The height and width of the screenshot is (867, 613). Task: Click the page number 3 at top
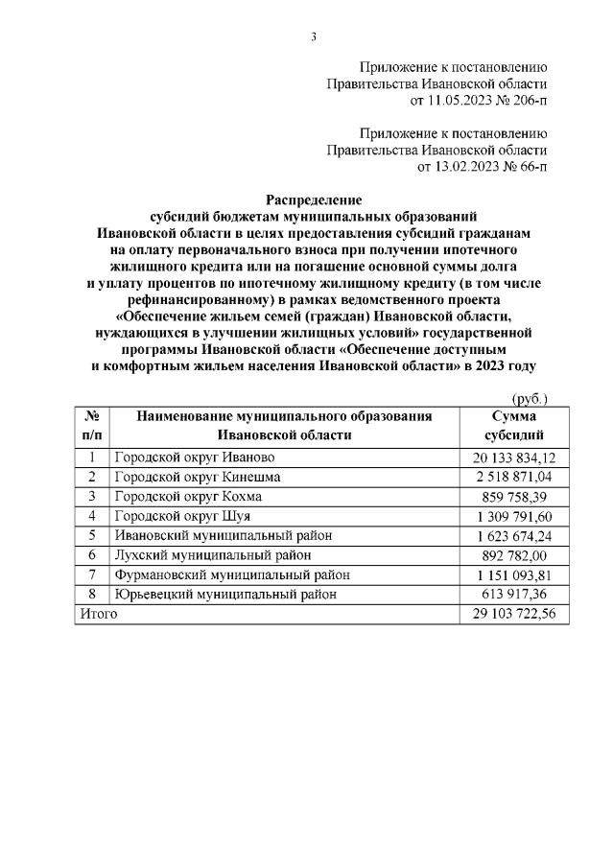[x=314, y=36]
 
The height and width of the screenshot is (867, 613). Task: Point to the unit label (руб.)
[x=527, y=398]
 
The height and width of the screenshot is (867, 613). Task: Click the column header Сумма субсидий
[x=513, y=425]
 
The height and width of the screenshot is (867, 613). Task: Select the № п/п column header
[x=93, y=425]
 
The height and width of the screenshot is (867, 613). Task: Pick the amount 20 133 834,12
[x=513, y=457]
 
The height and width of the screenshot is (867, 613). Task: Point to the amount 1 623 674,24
[x=514, y=536]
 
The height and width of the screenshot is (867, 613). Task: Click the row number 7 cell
[x=93, y=575]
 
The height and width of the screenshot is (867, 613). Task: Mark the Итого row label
[x=98, y=615]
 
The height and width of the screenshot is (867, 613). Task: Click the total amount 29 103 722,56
[x=513, y=615]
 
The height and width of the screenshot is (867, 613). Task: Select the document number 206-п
[x=523, y=99]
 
